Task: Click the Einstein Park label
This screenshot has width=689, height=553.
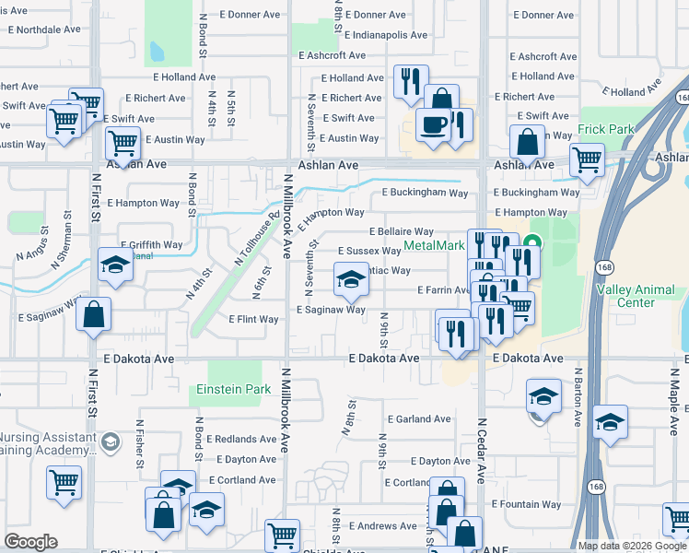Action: pyautogui.click(x=233, y=390)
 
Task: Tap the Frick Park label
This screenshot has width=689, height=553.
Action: pyautogui.click(x=605, y=130)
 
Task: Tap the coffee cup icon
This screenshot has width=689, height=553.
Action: pyautogui.click(x=432, y=124)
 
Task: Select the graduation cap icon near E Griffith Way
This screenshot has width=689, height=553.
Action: pyautogui.click(x=115, y=265)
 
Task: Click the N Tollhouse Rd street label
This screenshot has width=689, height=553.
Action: pyautogui.click(x=255, y=240)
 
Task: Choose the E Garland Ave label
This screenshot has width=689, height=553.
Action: pyautogui.click(x=420, y=418)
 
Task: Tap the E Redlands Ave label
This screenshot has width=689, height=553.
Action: pyautogui.click(x=240, y=439)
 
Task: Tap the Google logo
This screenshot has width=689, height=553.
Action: pyautogui.click(x=30, y=542)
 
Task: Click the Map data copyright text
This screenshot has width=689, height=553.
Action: pyautogui.click(x=631, y=546)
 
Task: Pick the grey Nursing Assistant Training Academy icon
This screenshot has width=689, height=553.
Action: pyautogui.click(x=111, y=443)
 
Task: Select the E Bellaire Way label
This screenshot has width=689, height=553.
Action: pyautogui.click(x=401, y=231)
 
